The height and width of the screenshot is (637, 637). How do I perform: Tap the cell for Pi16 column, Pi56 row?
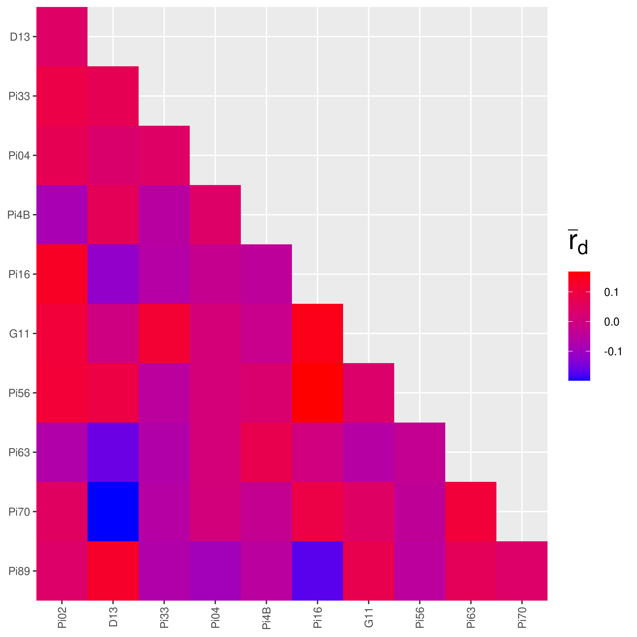click(317, 393)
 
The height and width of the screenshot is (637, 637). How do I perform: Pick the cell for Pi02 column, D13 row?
click(62, 37)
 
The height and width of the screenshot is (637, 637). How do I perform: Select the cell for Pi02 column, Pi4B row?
click(62, 215)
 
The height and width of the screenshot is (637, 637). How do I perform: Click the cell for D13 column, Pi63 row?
click(113, 452)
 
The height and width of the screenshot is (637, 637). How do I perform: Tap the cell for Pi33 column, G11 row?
click(164, 333)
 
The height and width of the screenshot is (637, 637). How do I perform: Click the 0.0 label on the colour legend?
click(611, 322)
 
